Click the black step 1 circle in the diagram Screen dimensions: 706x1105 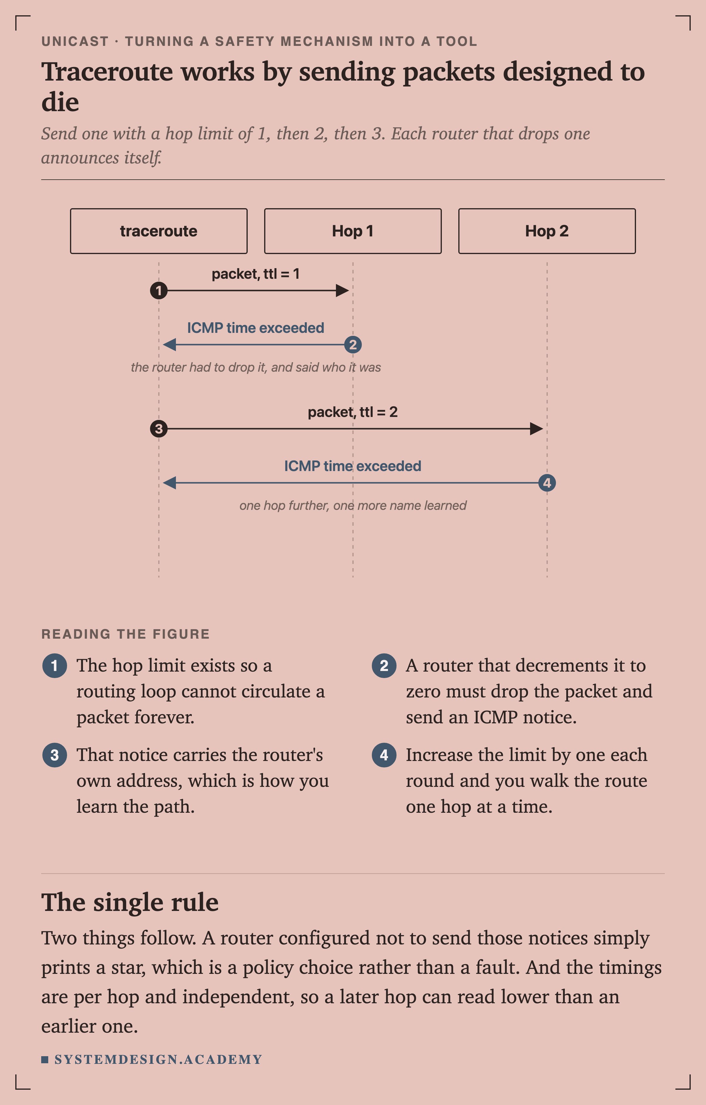pyautogui.click(x=159, y=291)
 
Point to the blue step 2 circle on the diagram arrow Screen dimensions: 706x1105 pyautogui.click(x=353, y=345)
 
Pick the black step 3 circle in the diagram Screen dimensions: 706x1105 pyautogui.click(x=159, y=429)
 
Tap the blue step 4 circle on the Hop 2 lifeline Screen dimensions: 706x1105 pyautogui.click(x=547, y=483)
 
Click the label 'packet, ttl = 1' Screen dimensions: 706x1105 pyautogui.click(x=256, y=274)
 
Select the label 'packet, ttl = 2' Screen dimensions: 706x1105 pyautogui.click(x=352, y=412)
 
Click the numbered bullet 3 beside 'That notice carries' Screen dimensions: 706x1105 pyautogui.click(x=55, y=755)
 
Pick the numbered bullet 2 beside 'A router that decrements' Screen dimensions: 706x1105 pyautogui.click(x=384, y=665)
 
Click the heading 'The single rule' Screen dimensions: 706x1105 pyautogui.click(x=130, y=902)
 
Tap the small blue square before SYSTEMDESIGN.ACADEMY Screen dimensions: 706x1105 pyautogui.click(x=44, y=1059)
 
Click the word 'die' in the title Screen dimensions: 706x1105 pyautogui.click(x=60, y=102)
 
